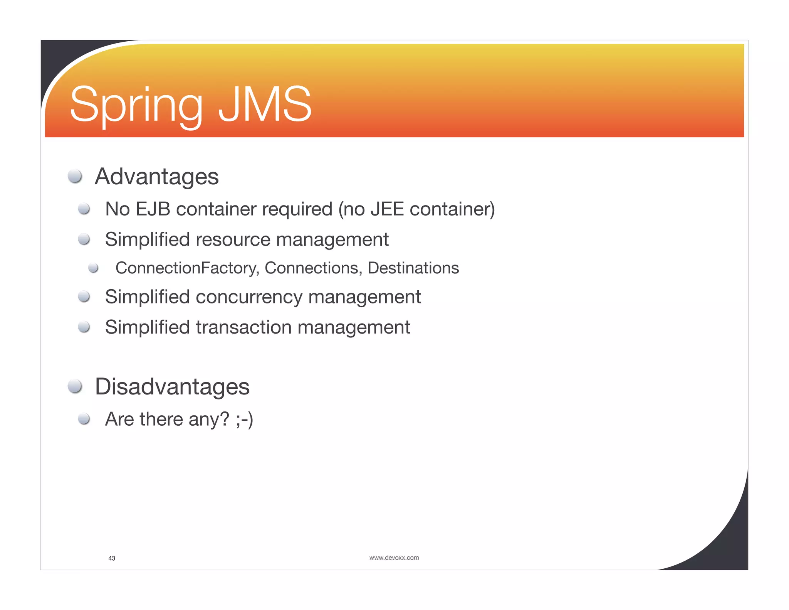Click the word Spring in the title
(x=136, y=105)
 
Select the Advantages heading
(x=156, y=177)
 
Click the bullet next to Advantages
(x=75, y=176)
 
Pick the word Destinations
(x=413, y=268)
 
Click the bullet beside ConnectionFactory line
(x=93, y=268)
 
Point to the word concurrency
(x=249, y=297)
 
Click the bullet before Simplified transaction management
(x=84, y=327)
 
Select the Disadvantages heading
(x=172, y=386)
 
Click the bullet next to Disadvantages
(x=75, y=386)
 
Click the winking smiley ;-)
(x=244, y=419)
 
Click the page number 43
(x=112, y=558)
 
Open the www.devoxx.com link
(x=394, y=558)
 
